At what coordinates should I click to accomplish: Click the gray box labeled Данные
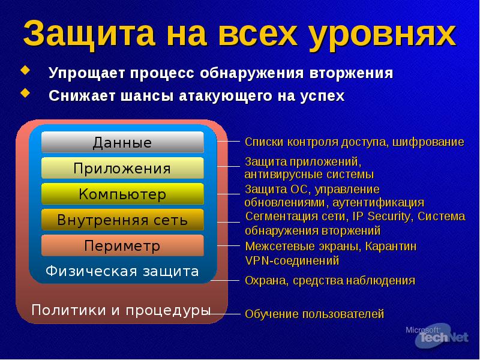[x=122, y=142]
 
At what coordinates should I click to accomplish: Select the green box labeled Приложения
[x=122, y=169]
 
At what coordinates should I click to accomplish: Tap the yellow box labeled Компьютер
[x=122, y=194]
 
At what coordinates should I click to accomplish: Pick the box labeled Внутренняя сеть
[x=122, y=220]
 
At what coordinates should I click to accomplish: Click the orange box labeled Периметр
[x=122, y=246]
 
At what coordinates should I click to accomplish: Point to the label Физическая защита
[x=122, y=271]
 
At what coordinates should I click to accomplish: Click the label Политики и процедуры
[x=121, y=310]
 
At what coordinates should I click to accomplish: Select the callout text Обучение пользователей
[x=314, y=314]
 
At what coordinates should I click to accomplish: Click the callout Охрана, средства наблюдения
[x=329, y=280]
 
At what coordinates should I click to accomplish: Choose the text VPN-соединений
[x=292, y=260]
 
